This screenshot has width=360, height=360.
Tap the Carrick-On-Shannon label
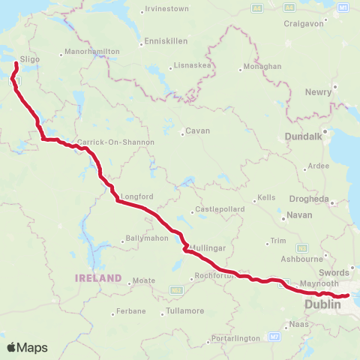click(x=115, y=142)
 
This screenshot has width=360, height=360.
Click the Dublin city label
click(x=323, y=304)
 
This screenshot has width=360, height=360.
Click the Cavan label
click(x=198, y=130)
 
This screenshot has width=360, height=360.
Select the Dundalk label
click(x=304, y=137)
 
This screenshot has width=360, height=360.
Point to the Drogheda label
click(x=307, y=199)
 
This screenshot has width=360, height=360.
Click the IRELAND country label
click(x=97, y=277)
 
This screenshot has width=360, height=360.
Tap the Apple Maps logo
click(x=27, y=347)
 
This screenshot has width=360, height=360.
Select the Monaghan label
click(x=262, y=66)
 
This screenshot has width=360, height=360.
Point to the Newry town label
click(x=319, y=91)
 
